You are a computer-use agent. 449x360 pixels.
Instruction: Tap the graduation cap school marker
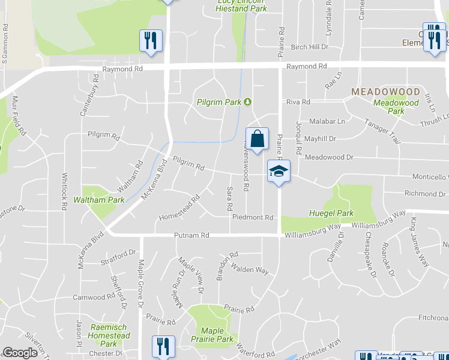279,172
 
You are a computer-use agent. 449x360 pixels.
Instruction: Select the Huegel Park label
331,213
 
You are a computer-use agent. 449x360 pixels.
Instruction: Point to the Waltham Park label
98,200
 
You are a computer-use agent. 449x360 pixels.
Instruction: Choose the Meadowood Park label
396,107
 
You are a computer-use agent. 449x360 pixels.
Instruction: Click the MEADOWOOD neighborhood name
385,92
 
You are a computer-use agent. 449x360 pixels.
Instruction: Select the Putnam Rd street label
191,236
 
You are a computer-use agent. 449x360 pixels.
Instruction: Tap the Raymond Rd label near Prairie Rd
306,67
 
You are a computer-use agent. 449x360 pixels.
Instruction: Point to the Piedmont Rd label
253,217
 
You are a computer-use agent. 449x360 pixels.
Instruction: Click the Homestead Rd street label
179,208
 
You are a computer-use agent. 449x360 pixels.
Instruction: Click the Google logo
20,353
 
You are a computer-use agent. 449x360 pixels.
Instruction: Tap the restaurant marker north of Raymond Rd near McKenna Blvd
150,41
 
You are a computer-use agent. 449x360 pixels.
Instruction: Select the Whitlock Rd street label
64,191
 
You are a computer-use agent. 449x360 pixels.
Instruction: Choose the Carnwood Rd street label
93,297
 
